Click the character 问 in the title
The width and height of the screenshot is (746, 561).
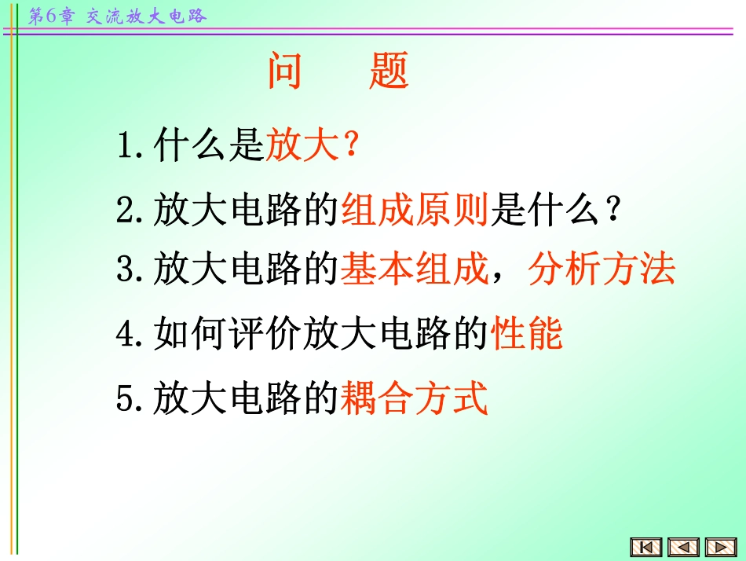point(285,71)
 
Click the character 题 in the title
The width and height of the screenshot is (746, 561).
point(389,71)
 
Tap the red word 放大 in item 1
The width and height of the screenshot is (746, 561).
point(302,146)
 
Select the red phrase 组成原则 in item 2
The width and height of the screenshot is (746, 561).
point(415,211)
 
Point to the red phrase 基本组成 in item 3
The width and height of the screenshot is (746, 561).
point(415,269)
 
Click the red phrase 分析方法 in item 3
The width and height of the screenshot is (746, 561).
point(602,269)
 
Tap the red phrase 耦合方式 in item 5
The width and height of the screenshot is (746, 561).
point(415,398)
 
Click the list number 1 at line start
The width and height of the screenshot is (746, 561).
point(125,147)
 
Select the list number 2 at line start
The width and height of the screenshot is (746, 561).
point(125,211)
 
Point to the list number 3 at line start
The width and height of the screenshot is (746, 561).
point(125,270)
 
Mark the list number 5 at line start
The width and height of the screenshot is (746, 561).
point(125,399)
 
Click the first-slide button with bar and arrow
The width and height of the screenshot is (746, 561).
point(646,547)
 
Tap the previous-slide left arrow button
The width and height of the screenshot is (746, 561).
point(683,547)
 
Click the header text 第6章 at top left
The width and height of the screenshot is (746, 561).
point(50,16)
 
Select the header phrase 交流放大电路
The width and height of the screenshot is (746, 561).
point(146,16)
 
